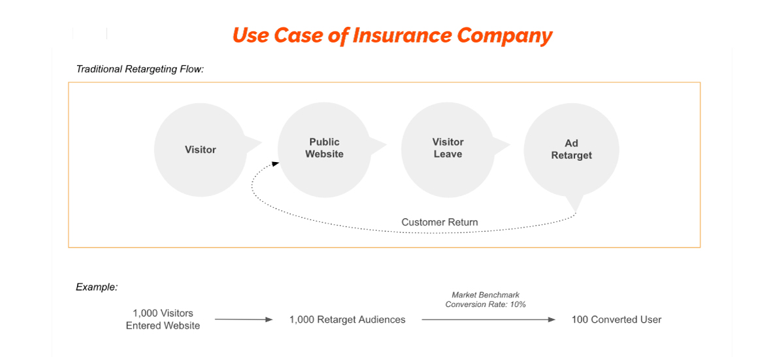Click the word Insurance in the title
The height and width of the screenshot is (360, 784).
pos(402,35)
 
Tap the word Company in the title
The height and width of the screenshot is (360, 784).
pos(504,37)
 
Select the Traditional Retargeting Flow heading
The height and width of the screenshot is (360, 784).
pos(140,69)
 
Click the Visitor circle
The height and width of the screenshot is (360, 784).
pos(201,150)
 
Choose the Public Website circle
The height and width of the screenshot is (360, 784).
pos(325,150)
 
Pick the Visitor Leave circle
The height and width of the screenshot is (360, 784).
pos(448,150)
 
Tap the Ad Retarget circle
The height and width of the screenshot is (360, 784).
pos(572,150)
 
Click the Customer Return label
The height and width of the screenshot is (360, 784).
pos(440,222)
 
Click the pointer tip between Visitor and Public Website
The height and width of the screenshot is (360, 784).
pos(261,142)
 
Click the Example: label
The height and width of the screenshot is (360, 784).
pos(97,287)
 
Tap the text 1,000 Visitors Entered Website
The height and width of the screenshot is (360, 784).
pos(163,319)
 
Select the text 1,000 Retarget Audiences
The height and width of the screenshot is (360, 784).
pos(347,319)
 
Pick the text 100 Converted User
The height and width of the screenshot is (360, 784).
pos(616,319)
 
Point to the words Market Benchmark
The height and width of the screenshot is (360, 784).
pos(485,295)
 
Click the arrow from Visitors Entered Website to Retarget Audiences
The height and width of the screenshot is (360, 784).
pos(244,319)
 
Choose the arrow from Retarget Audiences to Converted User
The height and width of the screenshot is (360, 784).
pos(488,319)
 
